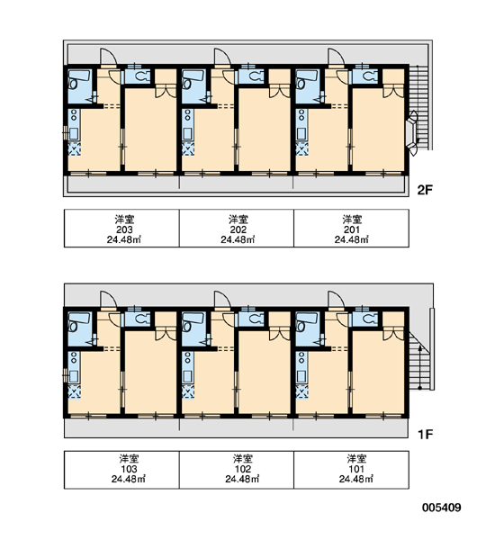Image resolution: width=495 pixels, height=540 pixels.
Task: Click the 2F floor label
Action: point(425,190)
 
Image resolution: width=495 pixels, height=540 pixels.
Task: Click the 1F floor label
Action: point(425,435)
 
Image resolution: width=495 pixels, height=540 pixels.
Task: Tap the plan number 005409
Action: point(442,508)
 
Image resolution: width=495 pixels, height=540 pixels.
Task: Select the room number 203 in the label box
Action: point(124,229)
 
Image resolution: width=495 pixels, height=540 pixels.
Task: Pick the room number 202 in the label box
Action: point(238,229)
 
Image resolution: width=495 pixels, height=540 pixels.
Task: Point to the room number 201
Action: point(352,229)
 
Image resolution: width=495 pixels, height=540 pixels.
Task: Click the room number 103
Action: point(129,469)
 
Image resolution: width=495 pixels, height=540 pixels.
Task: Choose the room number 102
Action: point(243,469)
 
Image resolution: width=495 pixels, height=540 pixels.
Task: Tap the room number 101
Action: point(356,469)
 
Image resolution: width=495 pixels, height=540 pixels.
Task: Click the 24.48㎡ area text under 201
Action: point(351,239)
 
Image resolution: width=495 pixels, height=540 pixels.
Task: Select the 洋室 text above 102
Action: point(243,459)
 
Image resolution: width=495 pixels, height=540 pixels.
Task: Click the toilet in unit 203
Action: point(142,76)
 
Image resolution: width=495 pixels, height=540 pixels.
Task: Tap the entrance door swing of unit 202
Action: point(222,57)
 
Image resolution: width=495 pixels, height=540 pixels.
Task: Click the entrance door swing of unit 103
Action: point(108,299)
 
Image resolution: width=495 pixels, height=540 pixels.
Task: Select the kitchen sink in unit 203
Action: point(74,133)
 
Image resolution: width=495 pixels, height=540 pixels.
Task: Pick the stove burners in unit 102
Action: point(187,356)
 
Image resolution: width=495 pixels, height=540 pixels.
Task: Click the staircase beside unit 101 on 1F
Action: point(420,361)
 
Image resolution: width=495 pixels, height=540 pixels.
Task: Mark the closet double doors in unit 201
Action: point(393,91)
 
